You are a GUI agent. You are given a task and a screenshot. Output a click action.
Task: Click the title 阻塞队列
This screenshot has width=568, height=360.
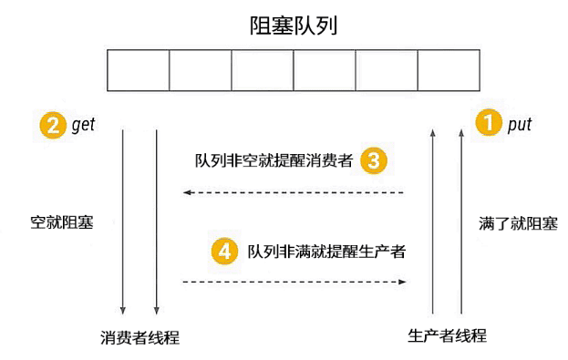tap(294, 26)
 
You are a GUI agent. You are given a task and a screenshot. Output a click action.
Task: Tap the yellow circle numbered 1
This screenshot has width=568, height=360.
tap(489, 122)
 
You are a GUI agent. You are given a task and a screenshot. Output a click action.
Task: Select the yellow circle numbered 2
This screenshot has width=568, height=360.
tap(53, 125)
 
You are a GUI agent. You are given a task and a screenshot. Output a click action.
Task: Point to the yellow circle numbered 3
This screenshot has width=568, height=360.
tap(374, 160)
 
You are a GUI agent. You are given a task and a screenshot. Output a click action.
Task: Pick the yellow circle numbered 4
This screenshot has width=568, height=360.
tap(224, 251)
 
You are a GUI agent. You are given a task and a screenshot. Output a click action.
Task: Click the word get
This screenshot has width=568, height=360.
tap(83, 125)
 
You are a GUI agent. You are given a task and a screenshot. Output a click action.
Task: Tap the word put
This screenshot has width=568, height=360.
tap(520, 125)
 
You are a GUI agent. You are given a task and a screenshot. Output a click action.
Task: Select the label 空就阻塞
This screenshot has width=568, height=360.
tap(62, 222)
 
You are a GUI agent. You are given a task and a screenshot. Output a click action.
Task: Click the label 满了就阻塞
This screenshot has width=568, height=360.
tap(518, 223)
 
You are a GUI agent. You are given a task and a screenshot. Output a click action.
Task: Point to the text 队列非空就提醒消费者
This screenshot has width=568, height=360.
tap(274, 160)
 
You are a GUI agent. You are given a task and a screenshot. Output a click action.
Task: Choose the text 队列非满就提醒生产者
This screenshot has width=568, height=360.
tap(326, 252)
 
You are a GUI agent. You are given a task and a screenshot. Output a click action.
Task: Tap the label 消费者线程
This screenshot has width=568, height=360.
tap(139, 337)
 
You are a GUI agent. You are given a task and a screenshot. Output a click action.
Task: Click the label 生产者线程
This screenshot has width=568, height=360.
tap(447, 335)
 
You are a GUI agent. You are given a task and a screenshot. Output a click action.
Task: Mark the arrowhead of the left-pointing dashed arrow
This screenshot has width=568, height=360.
tap(187, 192)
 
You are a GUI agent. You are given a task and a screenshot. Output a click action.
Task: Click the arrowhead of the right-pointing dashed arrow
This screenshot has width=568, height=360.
tap(402, 282)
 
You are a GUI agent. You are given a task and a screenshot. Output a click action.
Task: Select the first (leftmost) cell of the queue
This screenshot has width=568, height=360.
tap(139, 70)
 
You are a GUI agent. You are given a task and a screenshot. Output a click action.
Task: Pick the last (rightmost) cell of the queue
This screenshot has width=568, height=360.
tap(449, 70)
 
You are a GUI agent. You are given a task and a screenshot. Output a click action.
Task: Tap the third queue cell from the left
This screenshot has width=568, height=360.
tap(263, 70)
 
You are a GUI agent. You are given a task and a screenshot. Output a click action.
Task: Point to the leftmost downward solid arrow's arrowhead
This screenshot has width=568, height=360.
tap(123, 311)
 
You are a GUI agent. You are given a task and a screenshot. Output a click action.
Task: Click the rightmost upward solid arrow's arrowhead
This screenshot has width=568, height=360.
tap(461, 133)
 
